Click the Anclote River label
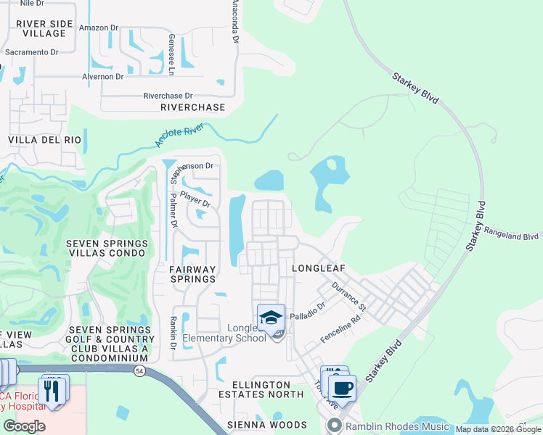pyautogui.click(x=179, y=136)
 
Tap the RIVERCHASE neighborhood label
pyautogui.click(x=192, y=107)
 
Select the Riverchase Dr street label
pyautogui.click(x=168, y=96)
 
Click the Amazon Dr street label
pyautogui.click(x=99, y=28)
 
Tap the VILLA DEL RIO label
pyautogui.click(x=41, y=139)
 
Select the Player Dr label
pyautogui.click(x=195, y=199)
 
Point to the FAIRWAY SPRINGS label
pyautogui.click(x=192, y=273)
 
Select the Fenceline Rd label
pyautogui.click(x=340, y=331)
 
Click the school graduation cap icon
pyautogui.click(x=270, y=318)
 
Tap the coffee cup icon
pyautogui.click(x=343, y=387)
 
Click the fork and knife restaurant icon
pyautogui.click(x=52, y=391)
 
